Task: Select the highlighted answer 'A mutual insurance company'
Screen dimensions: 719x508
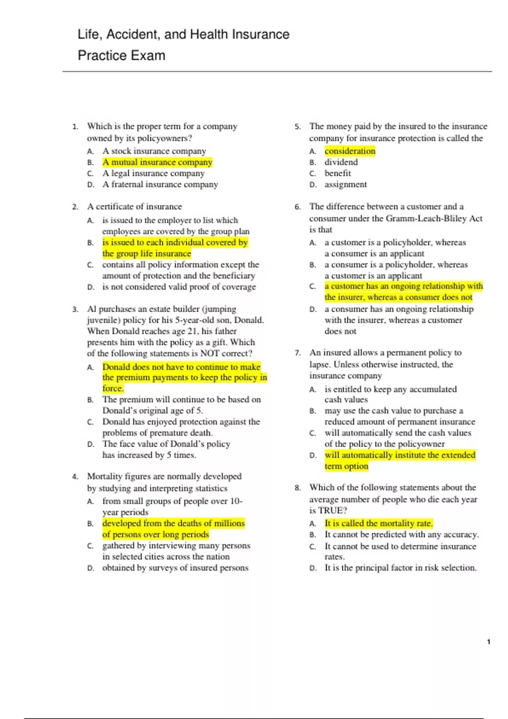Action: [x=157, y=162]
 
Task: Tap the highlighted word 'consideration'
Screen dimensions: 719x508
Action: [x=350, y=151]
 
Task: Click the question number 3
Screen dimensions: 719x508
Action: [x=75, y=309]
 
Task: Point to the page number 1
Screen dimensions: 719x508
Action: [x=489, y=642]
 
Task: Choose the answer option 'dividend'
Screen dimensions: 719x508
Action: [x=341, y=162]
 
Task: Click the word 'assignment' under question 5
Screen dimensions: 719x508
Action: [x=345, y=184]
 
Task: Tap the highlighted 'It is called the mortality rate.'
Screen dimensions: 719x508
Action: [x=378, y=524]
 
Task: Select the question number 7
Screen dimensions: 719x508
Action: [x=298, y=353]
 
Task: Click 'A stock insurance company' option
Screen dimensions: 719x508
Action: [x=154, y=151]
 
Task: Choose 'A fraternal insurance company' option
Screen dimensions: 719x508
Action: [x=160, y=184]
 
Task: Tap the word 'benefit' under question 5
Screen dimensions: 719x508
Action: [x=337, y=173]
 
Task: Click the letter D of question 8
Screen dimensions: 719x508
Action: [x=313, y=568]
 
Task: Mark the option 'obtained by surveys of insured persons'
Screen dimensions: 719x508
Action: [x=175, y=568]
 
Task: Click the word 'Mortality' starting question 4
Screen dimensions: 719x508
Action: [x=105, y=477]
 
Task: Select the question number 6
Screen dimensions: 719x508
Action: [x=298, y=207]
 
